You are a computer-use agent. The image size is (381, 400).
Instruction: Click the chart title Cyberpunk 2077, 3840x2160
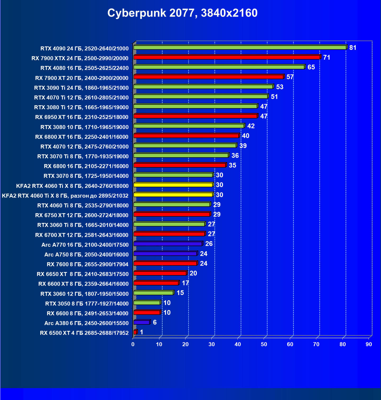tap(182, 13)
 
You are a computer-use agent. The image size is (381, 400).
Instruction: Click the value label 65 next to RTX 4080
tap(311, 67)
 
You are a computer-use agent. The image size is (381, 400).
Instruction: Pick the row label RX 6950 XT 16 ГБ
tap(82, 117)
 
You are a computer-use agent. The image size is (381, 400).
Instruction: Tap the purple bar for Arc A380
tap(142, 322)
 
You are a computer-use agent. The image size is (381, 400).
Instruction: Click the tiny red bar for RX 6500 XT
tap(135, 332)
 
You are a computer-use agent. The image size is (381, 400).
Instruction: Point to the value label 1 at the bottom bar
tap(142, 332)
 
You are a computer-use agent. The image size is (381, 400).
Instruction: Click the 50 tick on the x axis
tap(264, 344)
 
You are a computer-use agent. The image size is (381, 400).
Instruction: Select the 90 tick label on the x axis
tap(369, 344)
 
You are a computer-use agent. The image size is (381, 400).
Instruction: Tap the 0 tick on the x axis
tap(133, 344)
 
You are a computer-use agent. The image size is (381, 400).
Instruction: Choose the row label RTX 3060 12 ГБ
tap(85, 294)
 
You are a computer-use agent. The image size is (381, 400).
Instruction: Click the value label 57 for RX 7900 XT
tap(290, 77)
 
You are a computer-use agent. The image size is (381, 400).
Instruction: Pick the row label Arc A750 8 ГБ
tap(86, 255)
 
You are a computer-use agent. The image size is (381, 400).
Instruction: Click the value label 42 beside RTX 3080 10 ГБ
tap(251, 126)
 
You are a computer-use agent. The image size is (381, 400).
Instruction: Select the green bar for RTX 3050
tap(147, 303)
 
